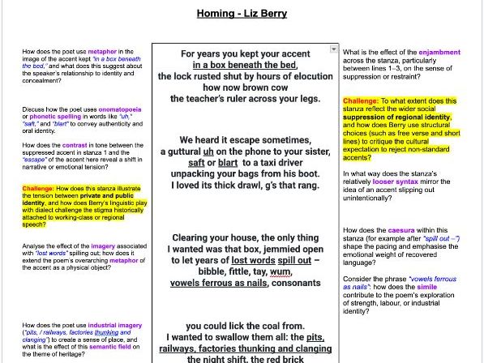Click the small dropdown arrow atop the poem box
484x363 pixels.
(x=333, y=49)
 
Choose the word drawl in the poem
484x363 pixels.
(x=255, y=186)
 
